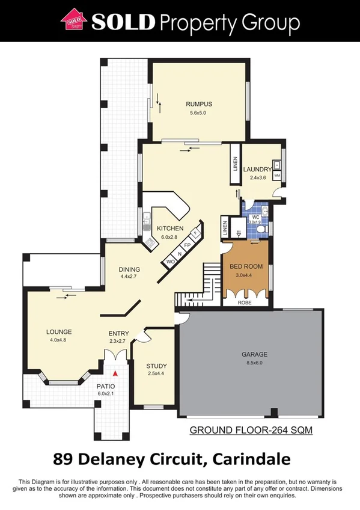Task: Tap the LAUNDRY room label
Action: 257,170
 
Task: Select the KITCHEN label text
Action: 170,229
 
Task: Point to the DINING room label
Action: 129,269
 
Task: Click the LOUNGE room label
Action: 59,331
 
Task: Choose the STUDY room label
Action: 156,366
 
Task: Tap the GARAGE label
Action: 255,354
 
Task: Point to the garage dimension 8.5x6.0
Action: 255,363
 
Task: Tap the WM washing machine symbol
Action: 277,176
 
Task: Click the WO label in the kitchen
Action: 170,262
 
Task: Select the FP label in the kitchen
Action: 187,245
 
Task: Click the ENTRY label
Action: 118,334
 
